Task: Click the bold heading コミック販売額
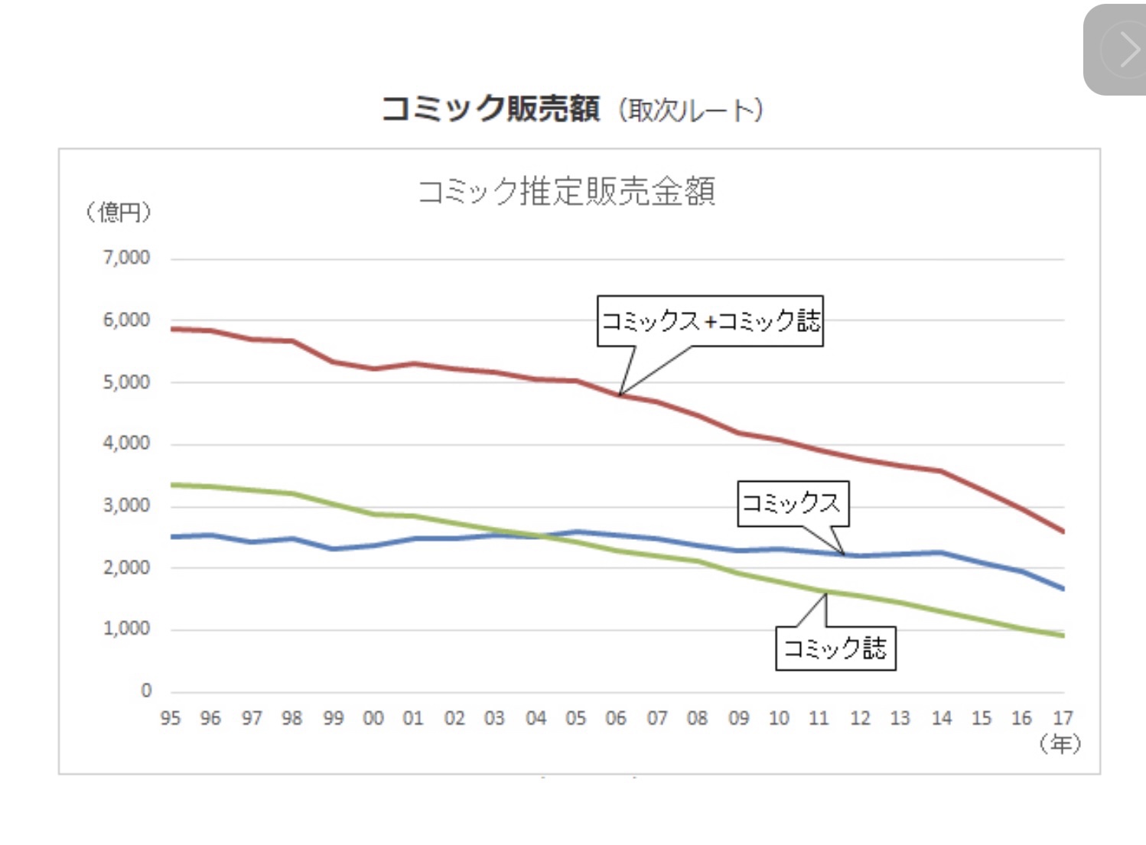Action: click(x=490, y=109)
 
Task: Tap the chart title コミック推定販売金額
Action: click(x=567, y=191)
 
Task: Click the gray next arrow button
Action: click(x=1118, y=50)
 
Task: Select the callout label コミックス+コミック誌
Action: click(x=710, y=320)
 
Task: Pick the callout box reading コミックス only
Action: click(x=792, y=502)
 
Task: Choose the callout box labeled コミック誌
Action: click(x=835, y=648)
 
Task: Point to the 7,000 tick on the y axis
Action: click(x=127, y=258)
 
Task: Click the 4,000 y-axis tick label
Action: click(x=127, y=444)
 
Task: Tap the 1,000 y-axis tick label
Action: click(x=127, y=629)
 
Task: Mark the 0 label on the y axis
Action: click(x=146, y=691)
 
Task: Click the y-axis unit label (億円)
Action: click(x=119, y=212)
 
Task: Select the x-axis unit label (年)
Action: click(x=1060, y=743)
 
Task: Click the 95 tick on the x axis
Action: click(x=170, y=718)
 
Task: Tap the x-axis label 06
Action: click(x=616, y=718)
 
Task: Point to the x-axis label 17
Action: click(x=1063, y=718)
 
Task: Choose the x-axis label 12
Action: click(x=860, y=718)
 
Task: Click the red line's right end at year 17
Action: click(x=1062, y=531)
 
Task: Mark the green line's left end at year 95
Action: click(x=172, y=485)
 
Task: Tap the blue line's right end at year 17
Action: click(x=1062, y=588)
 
